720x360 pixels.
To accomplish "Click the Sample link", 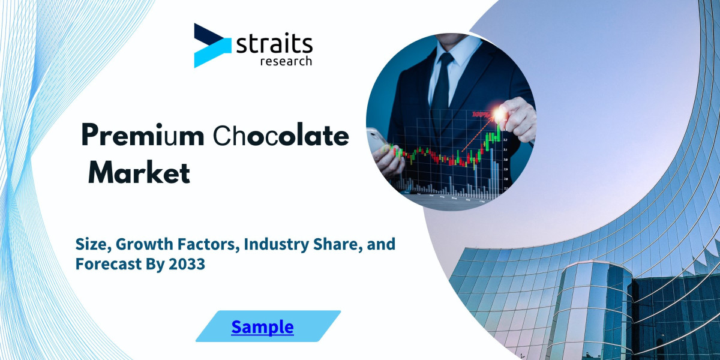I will click(262, 327).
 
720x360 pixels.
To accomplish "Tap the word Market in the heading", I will click(139, 173).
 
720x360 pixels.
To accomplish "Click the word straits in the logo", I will click(275, 44).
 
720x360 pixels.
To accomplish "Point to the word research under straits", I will click(286, 61).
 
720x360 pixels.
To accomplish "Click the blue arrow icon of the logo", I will click(211, 46).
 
